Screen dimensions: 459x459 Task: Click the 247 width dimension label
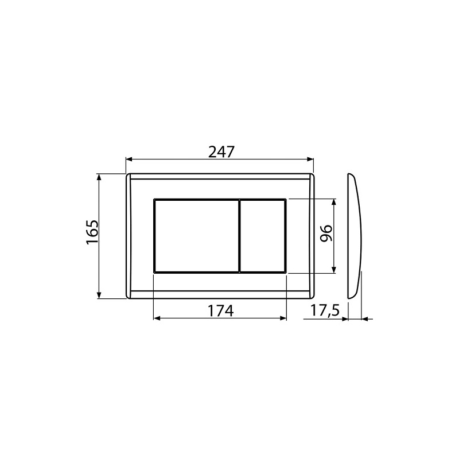click(221, 151)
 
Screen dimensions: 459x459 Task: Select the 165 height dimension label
click(92, 232)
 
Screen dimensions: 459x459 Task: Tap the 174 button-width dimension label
click(221, 310)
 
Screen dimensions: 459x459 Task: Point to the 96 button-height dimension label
click(326, 233)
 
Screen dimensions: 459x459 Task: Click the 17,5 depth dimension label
click(325, 310)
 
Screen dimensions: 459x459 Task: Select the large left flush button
click(196, 236)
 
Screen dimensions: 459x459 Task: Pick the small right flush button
click(263, 236)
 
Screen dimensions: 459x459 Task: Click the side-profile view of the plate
click(355, 236)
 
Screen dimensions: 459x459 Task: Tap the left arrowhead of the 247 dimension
click(130, 160)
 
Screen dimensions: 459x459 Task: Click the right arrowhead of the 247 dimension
click(310, 160)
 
